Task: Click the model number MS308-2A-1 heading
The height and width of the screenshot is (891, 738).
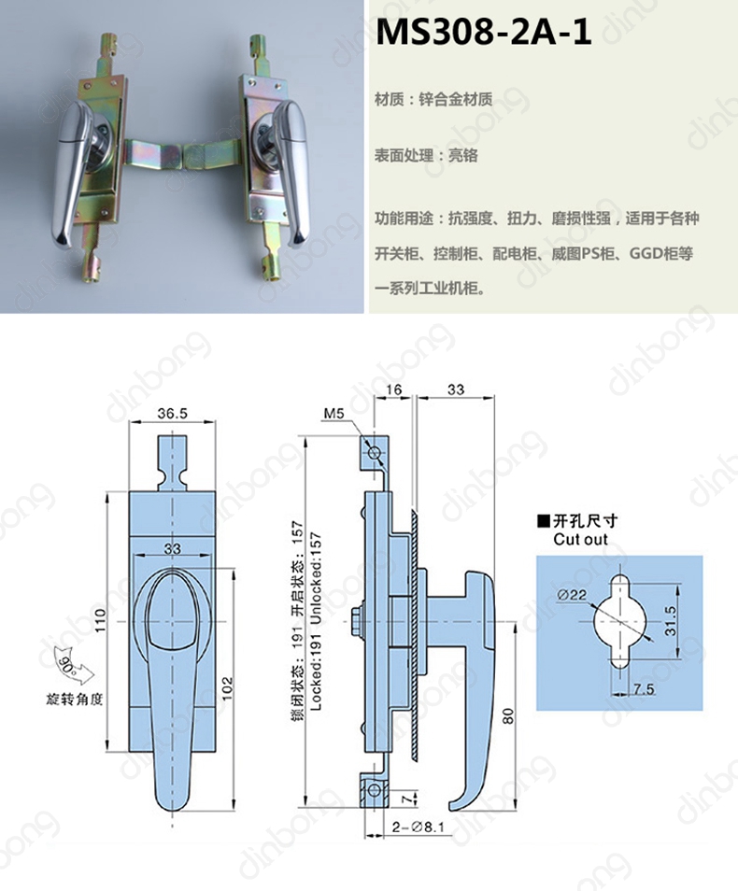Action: coord(483,33)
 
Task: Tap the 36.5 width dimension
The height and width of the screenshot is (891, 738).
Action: coord(172,413)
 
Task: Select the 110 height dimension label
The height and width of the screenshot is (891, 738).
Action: coord(100,620)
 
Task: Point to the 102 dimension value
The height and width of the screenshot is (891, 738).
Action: coord(227,688)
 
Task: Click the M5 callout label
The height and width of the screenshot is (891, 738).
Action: coord(334,415)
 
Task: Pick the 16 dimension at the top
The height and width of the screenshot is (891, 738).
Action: coord(393,389)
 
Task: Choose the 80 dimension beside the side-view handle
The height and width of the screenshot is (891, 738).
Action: coord(508,715)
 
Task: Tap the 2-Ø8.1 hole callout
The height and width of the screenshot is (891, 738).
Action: coord(418,827)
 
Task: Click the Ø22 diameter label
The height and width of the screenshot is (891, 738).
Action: coord(572,595)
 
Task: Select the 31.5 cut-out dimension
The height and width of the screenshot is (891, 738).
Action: coord(671,620)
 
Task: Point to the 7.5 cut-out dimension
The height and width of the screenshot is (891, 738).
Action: coord(644,689)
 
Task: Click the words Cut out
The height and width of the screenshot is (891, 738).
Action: coord(580,539)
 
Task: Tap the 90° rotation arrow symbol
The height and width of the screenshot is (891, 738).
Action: coord(74,666)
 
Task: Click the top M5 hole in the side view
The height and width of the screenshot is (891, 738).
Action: coord(375,453)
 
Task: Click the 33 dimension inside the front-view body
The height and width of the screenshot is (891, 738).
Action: coord(172,548)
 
